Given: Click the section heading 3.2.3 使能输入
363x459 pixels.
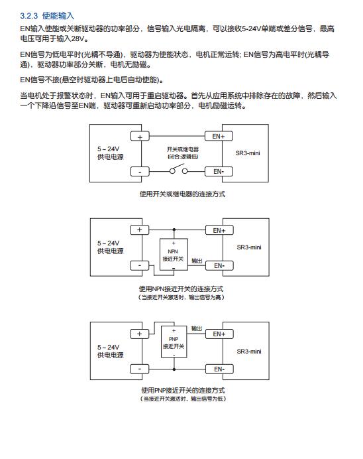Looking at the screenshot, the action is [x=47, y=15].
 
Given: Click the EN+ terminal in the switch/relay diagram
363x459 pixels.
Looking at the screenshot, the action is [x=219, y=136].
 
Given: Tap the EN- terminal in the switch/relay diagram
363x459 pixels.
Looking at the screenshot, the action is [x=219, y=172].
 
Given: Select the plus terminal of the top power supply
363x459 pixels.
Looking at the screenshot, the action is [x=140, y=137].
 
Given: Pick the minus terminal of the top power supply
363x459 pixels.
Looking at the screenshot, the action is [x=140, y=172].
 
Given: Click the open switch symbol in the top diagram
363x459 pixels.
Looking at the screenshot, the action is [x=179, y=169].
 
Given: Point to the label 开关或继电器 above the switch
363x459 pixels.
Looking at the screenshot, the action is [x=183, y=149].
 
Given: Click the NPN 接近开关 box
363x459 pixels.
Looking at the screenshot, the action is [x=174, y=255].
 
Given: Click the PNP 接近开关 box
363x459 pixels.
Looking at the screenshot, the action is [x=174, y=342].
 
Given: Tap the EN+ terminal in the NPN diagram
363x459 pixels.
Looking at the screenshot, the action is [x=219, y=230].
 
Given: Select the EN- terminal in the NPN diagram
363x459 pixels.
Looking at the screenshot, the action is [x=219, y=266].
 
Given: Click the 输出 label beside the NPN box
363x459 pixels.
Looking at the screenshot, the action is [x=197, y=261].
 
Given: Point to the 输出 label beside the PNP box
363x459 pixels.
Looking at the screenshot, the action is [x=197, y=328].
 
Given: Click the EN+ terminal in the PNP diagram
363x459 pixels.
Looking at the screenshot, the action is [x=219, y=334].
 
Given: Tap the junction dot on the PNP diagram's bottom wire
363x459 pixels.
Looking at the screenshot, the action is [x=174, y=369].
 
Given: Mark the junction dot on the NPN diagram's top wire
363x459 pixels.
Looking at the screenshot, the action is [x=174, y=229].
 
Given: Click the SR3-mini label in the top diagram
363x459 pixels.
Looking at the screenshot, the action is [x=248, y=153].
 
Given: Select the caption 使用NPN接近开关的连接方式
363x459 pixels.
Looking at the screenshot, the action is [x=181, y=289].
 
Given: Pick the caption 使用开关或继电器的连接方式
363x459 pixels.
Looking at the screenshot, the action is [x=182, y=194].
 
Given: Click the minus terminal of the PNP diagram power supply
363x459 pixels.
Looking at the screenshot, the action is [x=139, y=369].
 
